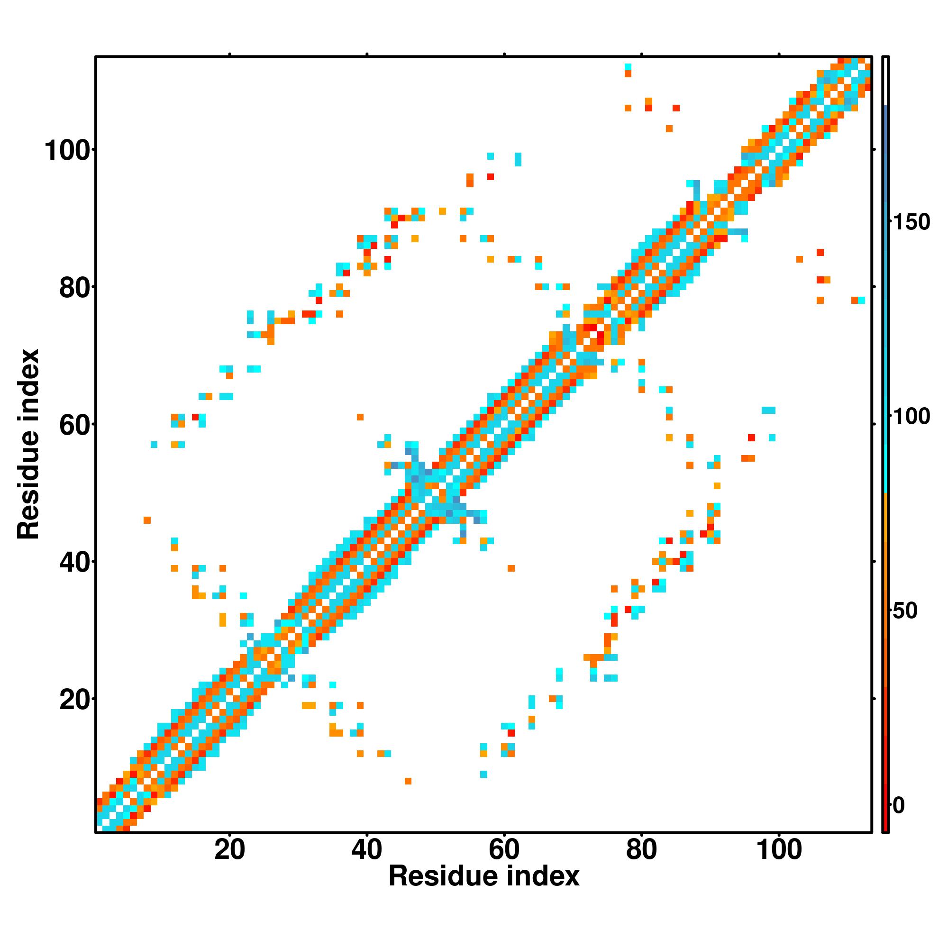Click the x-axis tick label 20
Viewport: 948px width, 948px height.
(229, 850)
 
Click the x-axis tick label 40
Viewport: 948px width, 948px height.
(367, 850)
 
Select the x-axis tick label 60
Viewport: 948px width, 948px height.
(504, 850)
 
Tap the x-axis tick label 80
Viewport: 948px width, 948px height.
(642, 850)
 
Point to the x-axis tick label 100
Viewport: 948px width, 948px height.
(779, 850)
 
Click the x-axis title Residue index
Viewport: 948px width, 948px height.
(484, 876)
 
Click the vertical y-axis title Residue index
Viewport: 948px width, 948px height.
(28, 445)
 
